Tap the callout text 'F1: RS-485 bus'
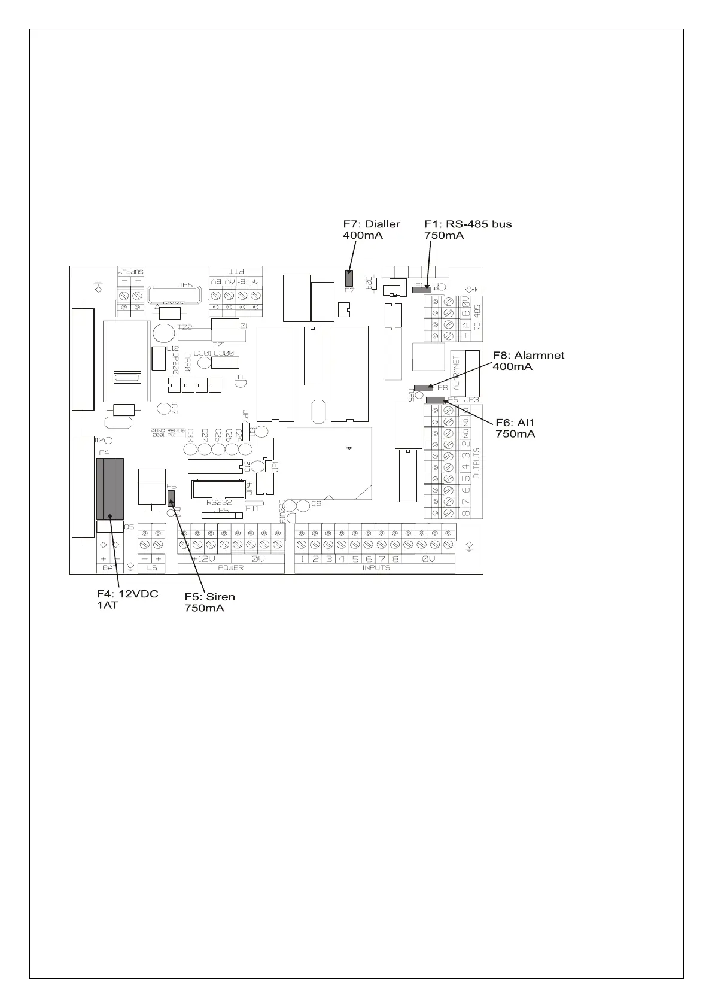[x=467, y=224]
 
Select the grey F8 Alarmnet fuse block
[x=424, y=388]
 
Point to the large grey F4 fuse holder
[x=110, y=488]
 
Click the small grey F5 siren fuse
[x=171, y=497]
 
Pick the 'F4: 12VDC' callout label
[x=127, y=594]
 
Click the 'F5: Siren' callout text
[x=209, y=597]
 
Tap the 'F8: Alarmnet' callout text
[x=528, y=355]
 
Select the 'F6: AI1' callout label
[x=515, y=423]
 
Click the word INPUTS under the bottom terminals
[x=376, y=567]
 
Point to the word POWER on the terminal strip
[x=230, y=567]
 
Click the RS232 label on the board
[x=219, y=503]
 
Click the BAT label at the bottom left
[x=109, y=567]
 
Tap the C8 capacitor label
[x=316, y=503]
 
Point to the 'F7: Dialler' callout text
[x=371, y=224]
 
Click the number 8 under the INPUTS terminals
[x=395, y=559]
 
